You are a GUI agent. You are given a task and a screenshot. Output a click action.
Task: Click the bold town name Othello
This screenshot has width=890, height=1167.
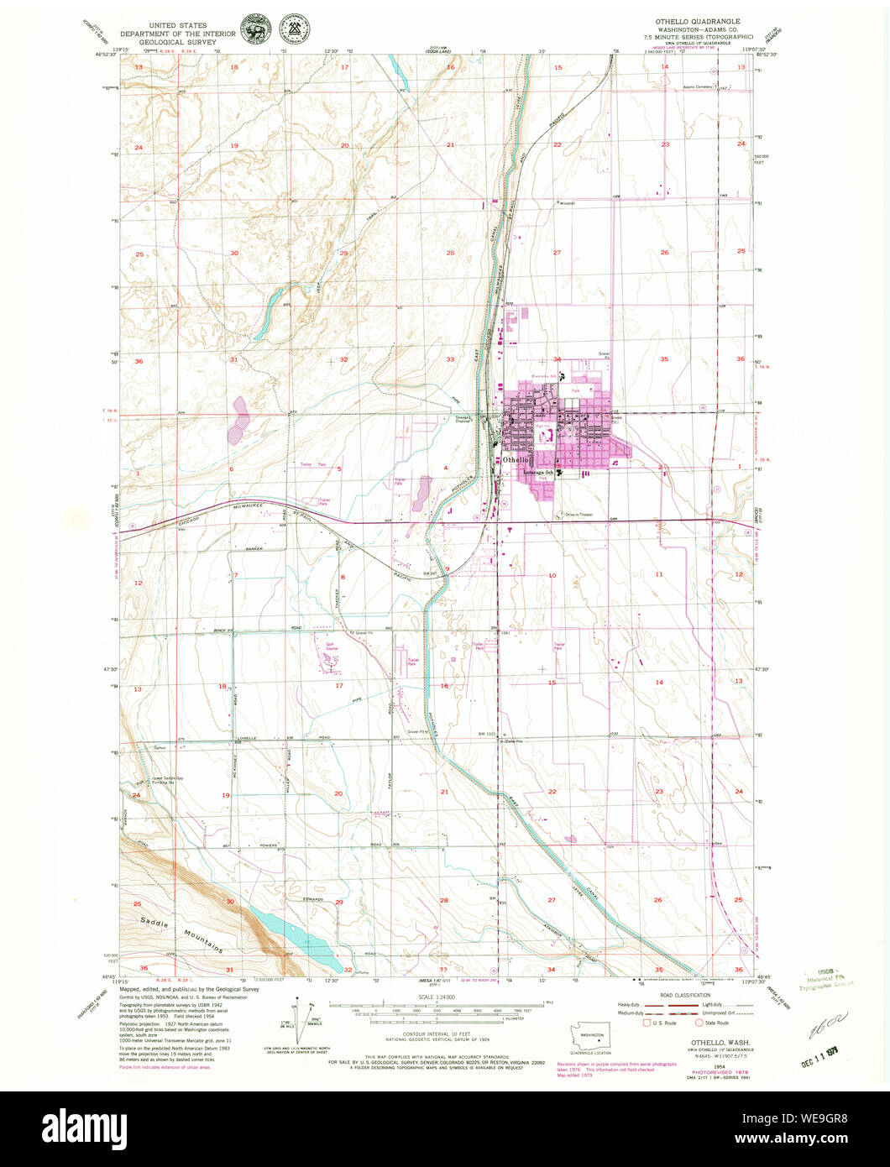coord(516,460)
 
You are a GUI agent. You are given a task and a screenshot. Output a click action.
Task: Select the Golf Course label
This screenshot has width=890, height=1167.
coord(327,649)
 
